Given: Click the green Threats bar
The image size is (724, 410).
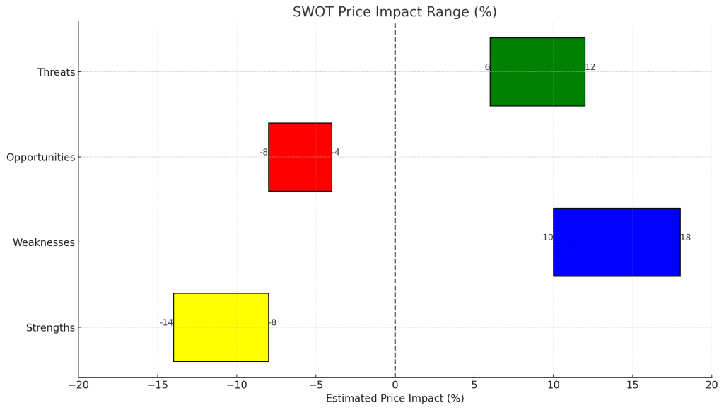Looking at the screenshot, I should (x=537, y=71).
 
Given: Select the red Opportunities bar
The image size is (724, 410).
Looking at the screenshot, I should (x=300, y=157).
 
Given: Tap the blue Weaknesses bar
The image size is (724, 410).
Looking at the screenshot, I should (x=617, y=242).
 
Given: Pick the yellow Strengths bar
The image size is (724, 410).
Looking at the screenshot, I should (x=221, y=327).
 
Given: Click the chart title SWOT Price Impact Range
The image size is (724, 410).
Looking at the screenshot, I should (x=395, y=12).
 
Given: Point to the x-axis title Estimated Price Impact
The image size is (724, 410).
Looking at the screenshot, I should (x=395, y=399).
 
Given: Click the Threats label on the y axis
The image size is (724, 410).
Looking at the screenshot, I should (x=56, y=72).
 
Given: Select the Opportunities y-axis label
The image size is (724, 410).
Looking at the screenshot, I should (x=40, y=158).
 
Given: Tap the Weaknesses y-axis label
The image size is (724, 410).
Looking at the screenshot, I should (x=43, y=242).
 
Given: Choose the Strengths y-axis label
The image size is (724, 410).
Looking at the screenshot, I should (x=50, y=328).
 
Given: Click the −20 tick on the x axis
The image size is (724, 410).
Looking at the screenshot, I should (x=78, y=385).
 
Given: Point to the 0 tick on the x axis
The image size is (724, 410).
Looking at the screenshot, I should (x=395, y=385).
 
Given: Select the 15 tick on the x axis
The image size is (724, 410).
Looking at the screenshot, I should (x=633, y=385).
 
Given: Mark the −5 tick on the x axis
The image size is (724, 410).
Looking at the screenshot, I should (x=316, y=385).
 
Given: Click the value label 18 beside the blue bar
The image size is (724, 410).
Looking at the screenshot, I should (x=686, y=238).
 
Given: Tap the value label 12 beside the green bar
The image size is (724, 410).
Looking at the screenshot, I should (x=590, y=67).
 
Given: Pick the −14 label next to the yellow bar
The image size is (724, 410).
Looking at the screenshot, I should (x=166, y=323).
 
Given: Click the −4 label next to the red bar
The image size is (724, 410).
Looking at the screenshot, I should (x=336, y=153).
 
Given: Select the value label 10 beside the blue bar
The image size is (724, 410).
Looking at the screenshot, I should (x=548, y=238).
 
